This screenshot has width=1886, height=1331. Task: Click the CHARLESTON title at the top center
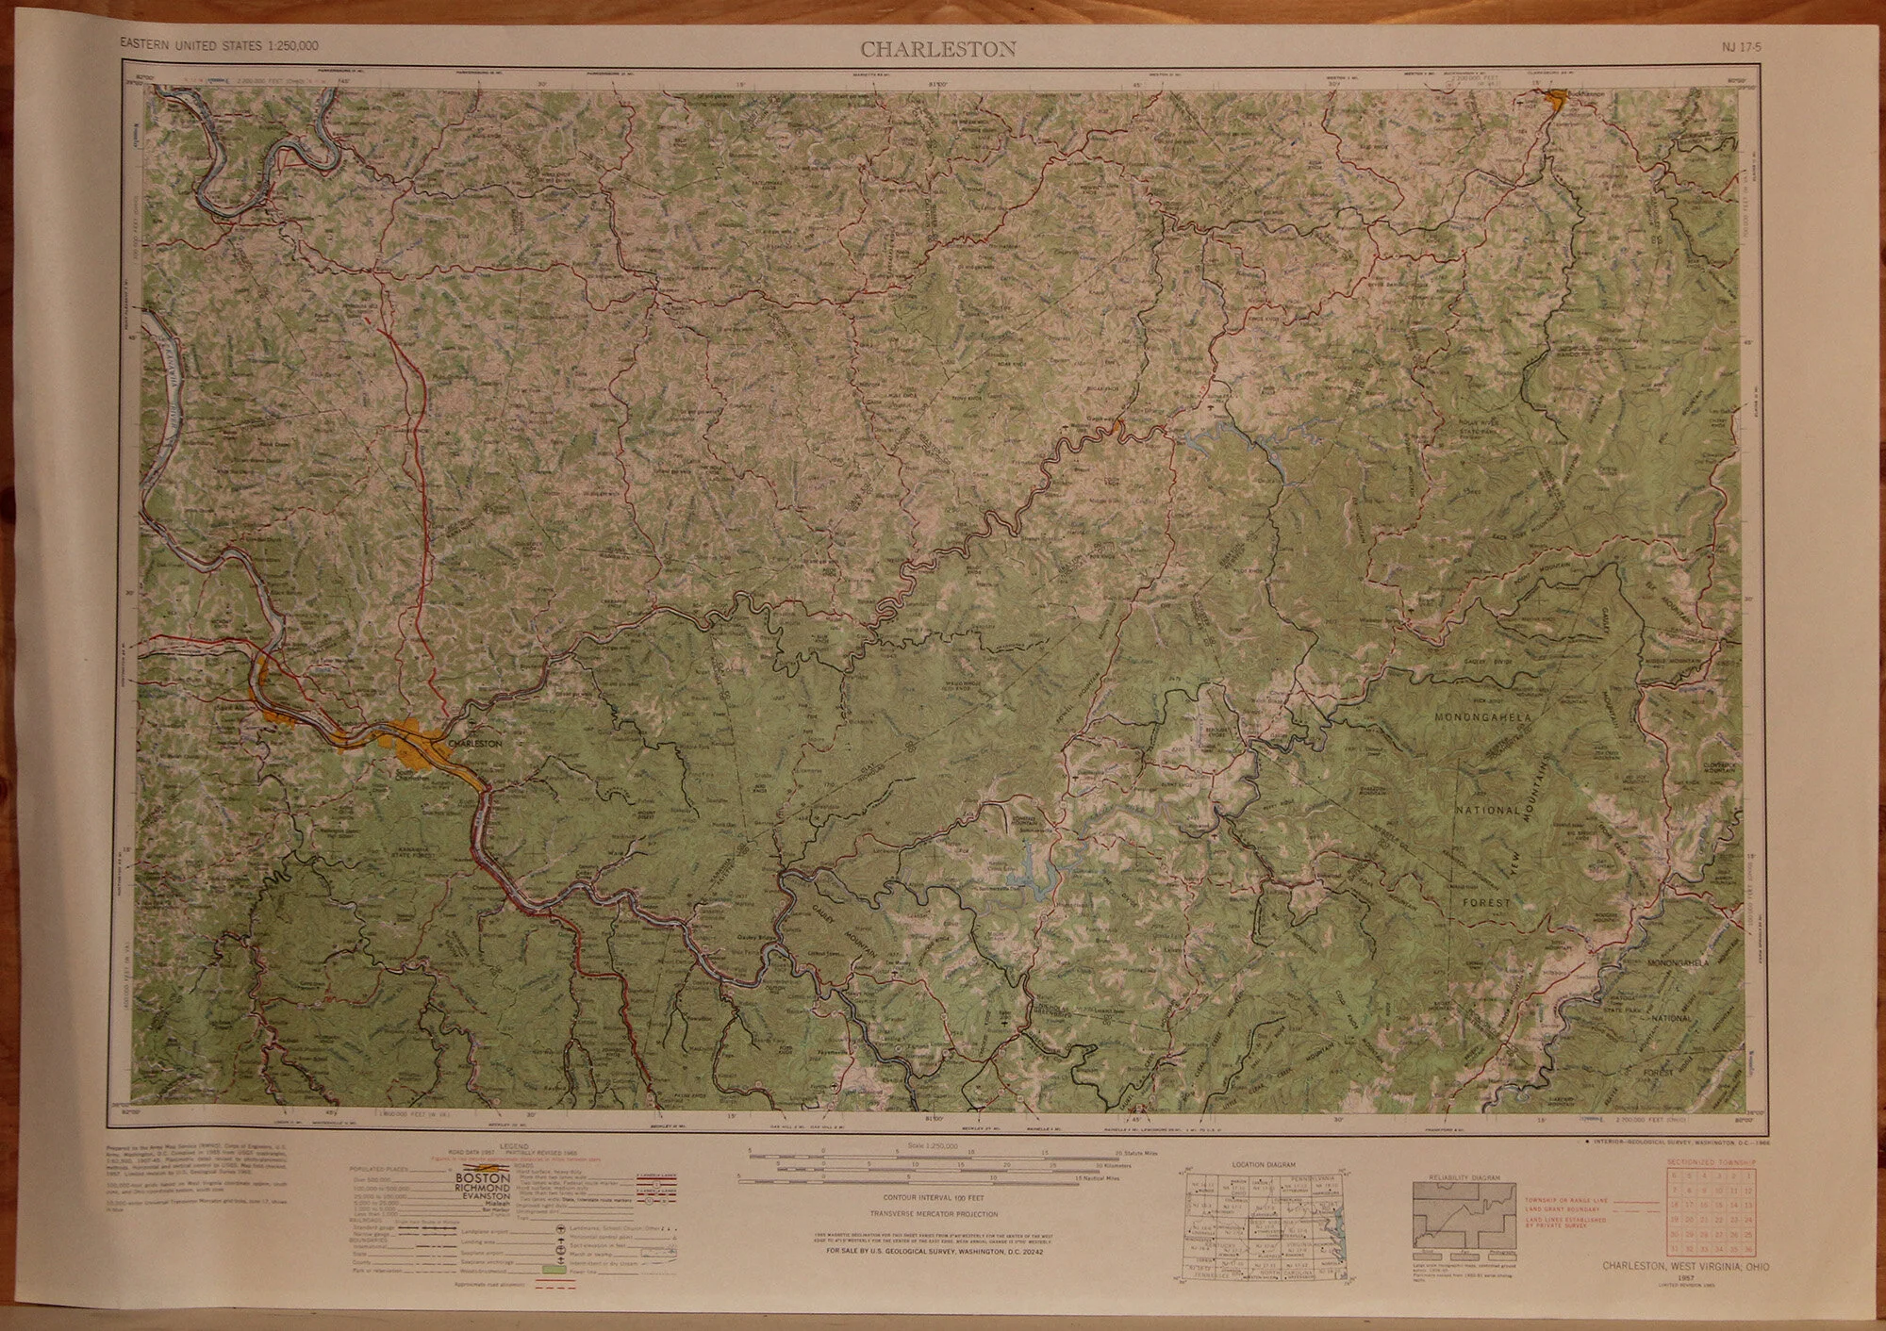936,49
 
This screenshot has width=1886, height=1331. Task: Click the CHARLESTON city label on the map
477,743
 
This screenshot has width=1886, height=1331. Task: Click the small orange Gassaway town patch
1116,429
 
